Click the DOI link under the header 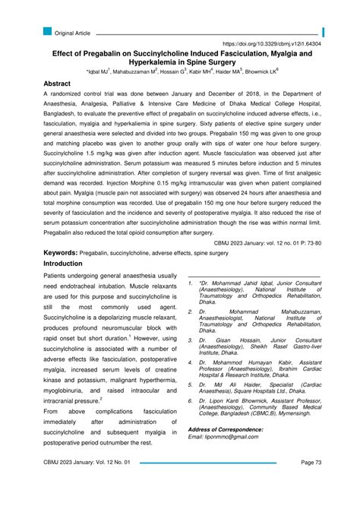[x=271, y=46]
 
